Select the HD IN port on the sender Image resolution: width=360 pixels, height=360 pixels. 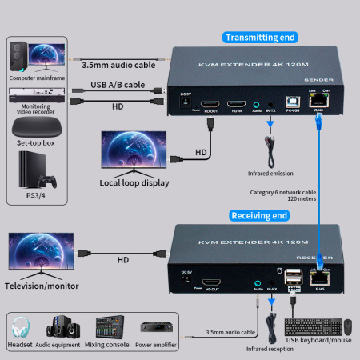[x=237, y=104]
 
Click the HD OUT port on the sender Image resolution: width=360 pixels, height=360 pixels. [x=211, y=104]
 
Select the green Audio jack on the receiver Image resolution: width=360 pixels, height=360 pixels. [x=258, y=282]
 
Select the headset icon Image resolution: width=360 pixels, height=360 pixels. [x=22, y=326]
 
